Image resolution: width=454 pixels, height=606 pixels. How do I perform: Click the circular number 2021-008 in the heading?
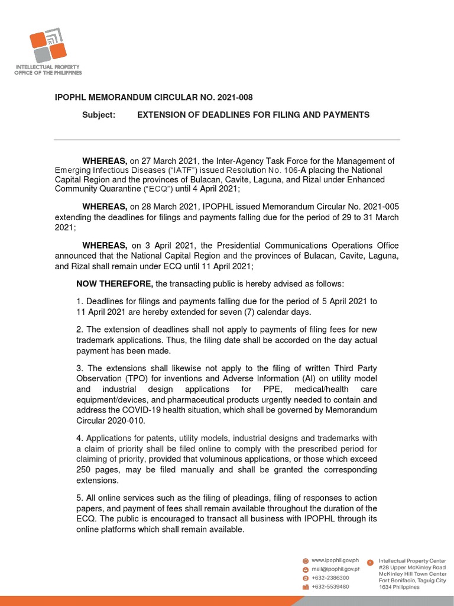coord(236,97)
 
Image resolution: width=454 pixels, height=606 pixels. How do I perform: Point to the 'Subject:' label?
coord(99,115)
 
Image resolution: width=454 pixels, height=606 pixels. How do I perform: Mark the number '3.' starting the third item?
coord(80,369)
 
